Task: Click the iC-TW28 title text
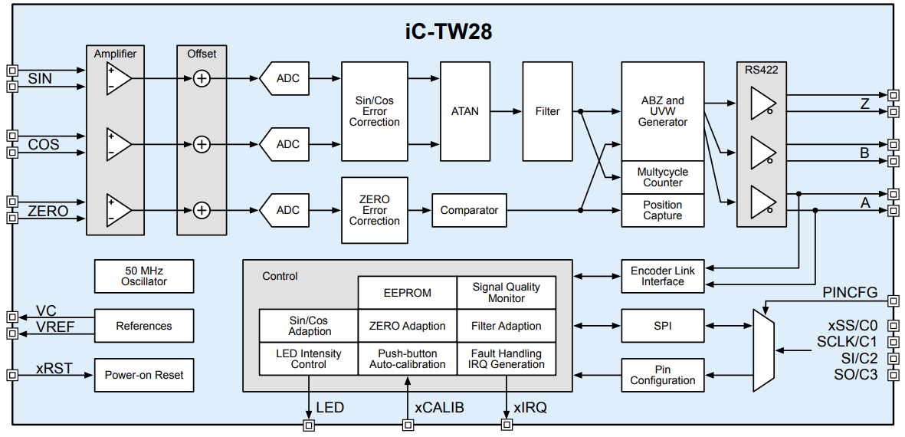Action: [x=448, y=31]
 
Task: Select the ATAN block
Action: [x=464, y=111]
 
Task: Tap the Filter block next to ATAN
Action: [x=547, y=111]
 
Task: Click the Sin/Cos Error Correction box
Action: [x=375, y=111]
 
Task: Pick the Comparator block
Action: [x=469, y=210]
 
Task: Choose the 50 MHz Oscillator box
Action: [x=144, y=276]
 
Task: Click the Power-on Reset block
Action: [x=144, y=375]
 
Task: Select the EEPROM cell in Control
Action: [x=407, y=293]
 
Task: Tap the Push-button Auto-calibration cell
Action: [x=407, y=359]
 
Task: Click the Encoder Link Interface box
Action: [x=662, y=276]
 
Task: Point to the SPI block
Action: [x=662, y=326]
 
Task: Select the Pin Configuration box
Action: [x=662, y=375]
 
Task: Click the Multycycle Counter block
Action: [x=662, y=177]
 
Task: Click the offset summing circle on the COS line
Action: [x=202, y=144]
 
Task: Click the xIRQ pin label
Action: [x=530, y=408]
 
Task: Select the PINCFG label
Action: [x=850, y=293]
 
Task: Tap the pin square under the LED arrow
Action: [x=309, y=425]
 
